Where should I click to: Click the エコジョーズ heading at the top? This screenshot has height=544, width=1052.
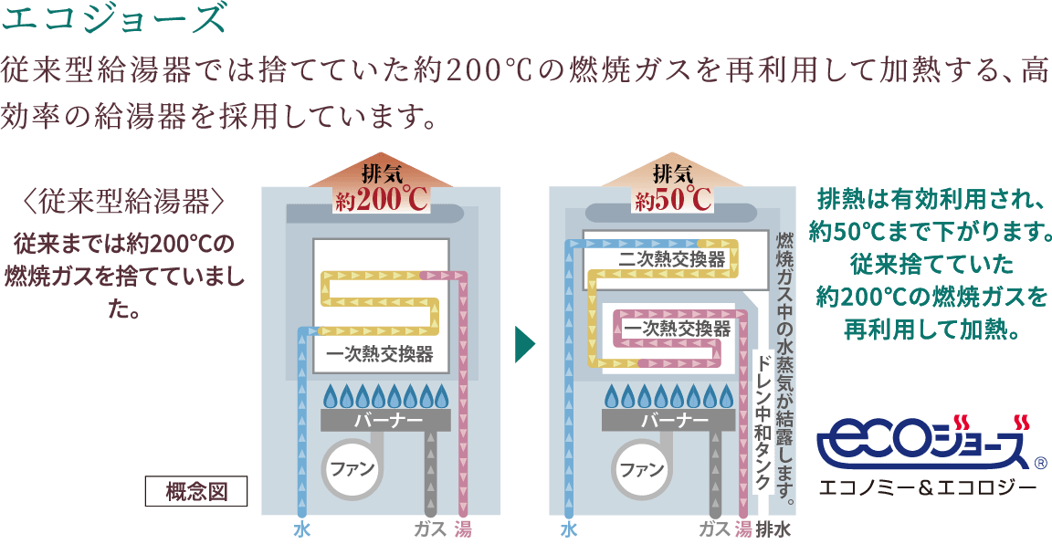pyautogui.click(x=113, y=19)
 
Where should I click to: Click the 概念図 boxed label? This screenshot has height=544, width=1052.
pyautogui.click(x=197, y=491)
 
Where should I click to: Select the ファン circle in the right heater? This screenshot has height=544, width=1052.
pyautogui.click(x=642, y=471)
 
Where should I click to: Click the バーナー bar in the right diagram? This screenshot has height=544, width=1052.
pyautogui.click(x=675, y=421)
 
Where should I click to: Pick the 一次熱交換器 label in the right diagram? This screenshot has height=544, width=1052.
pyautogui.click(x=678, y=329)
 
